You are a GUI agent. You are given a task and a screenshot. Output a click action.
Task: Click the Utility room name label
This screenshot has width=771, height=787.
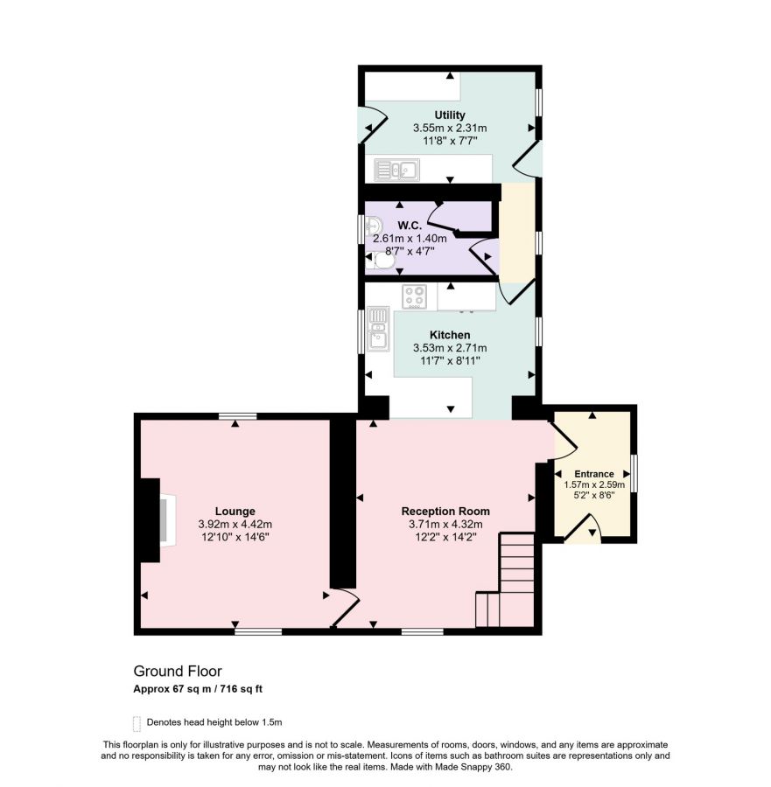click(450, 115)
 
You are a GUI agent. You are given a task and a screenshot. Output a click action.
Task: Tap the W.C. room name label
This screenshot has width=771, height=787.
click(410, 226)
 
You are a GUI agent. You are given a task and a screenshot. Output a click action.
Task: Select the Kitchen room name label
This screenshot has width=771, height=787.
click(450, 335)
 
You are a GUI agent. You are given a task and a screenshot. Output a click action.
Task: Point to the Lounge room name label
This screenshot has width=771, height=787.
click(235, 511)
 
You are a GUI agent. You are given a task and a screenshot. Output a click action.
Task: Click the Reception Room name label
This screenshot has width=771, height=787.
click(445, 511)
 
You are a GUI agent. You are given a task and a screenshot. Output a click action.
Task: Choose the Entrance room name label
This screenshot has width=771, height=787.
click(594, 474)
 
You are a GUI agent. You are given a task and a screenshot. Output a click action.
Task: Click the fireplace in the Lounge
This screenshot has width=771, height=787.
click(168, 520)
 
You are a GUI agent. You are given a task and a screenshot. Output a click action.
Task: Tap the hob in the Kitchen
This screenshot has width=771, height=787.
click(415, 296)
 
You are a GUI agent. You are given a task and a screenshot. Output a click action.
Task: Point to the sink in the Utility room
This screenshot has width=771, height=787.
click(396, 171)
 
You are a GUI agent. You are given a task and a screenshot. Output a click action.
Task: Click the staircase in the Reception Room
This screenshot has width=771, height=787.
click(505, 580)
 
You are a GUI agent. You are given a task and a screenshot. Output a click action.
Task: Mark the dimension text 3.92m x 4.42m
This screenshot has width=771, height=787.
click(235, 524)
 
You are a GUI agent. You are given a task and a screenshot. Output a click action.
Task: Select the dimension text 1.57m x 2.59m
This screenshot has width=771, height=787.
click(594, 484)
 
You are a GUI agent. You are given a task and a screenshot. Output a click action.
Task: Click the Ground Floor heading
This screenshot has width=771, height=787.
click(178, 671)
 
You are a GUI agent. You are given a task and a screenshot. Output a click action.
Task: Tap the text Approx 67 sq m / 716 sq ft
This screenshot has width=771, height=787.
click(198, 689)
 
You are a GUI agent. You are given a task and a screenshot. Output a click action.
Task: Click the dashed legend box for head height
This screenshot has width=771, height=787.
click(137, 723)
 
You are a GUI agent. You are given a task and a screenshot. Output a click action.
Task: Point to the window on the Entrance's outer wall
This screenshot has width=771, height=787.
click(634, 473)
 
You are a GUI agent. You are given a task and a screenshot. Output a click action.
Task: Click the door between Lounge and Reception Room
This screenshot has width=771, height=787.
click(346, 608)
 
